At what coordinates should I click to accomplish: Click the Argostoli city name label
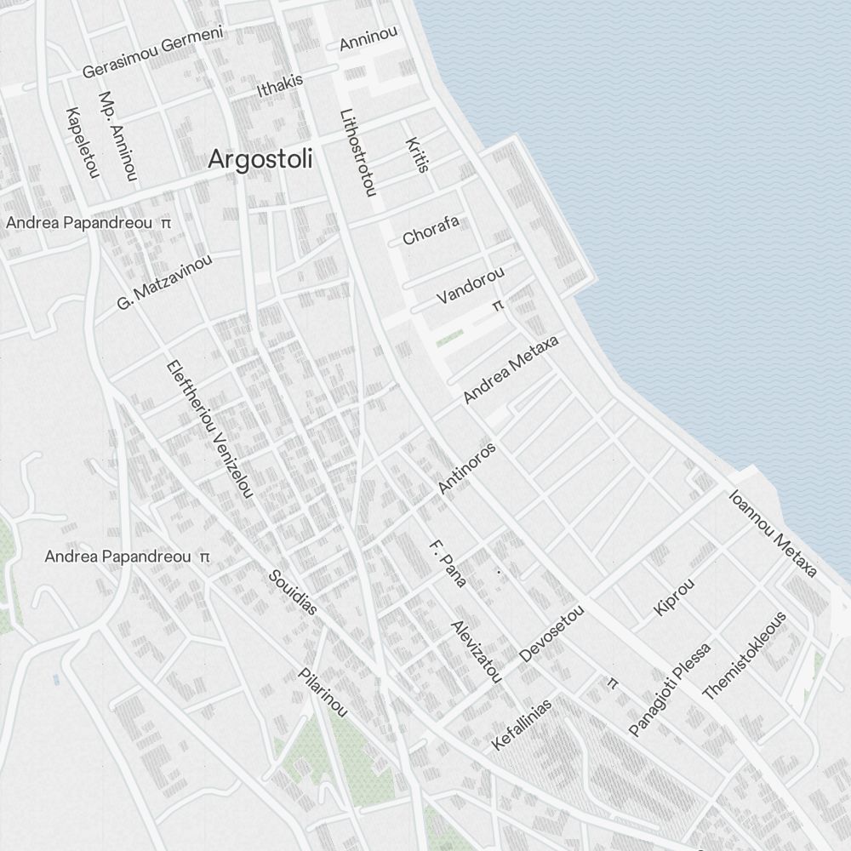click(x=260, y=159)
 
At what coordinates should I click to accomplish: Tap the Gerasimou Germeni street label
click(x=152, y=52)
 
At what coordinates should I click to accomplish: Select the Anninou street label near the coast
click(x=368, y=38)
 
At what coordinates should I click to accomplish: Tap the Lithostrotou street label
click(x=357, y=152)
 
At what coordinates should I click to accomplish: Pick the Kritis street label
click(x=416, y=155)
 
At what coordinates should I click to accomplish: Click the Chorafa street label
click(x=431, y=230)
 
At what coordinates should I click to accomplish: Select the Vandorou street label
click(x=471, y=285)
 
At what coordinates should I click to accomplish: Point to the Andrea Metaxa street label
click(x=511, y=369)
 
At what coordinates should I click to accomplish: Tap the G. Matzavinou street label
click(x=164, y=281)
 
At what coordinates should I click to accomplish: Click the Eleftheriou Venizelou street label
click(x=209, y=429)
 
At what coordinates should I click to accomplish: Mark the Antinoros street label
click(x=466, y=467)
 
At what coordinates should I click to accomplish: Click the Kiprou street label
click(x=674, y=597)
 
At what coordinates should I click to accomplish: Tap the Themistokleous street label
click(x=745, y=655)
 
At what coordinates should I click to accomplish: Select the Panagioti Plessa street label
click(x=669, y=689)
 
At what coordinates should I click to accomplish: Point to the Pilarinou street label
click(x=323, y=692)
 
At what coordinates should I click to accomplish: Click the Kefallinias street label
click(x=522, y=724)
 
